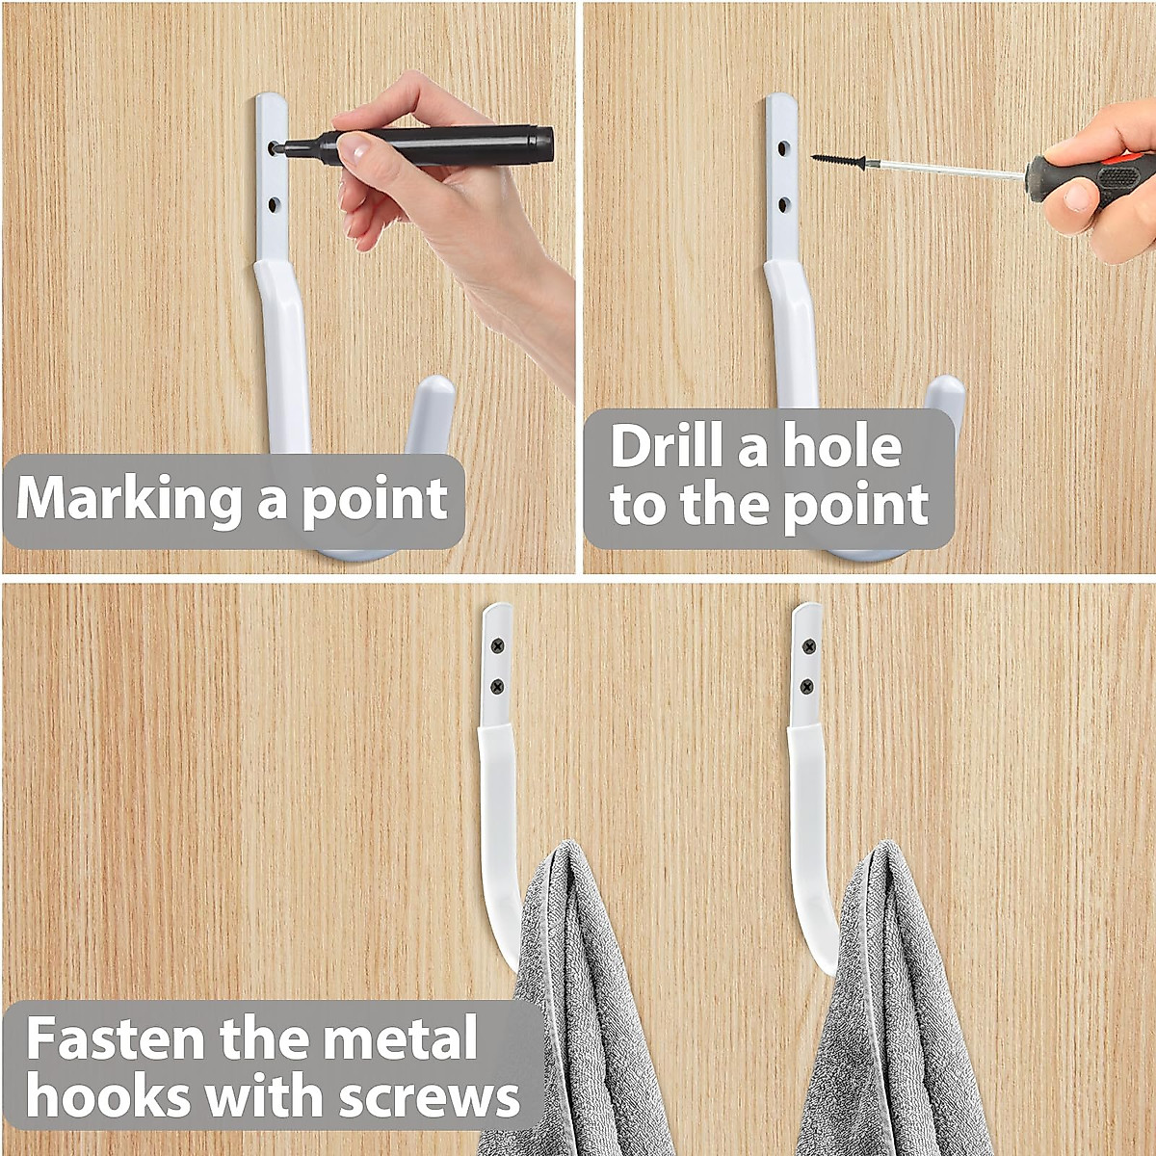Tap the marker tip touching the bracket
pos(276,147)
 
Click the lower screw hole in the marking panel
pos(274,204)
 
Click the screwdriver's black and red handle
pos(1089,177)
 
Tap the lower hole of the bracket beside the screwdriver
pos(784,204)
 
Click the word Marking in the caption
pos(130,499)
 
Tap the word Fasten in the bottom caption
pos(117,1038)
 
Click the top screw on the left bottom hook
pos(498,645)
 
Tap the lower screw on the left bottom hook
pos(497,686)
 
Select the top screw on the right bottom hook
pos(808,645)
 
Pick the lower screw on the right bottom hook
pos(807,687)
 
